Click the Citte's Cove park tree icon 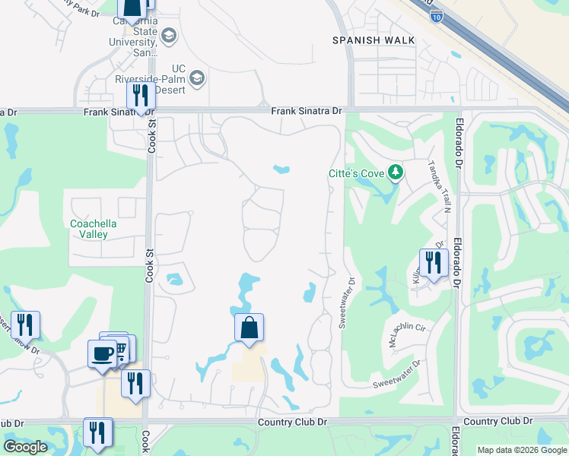(x=395, y=173)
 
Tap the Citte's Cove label (x=356, y=174)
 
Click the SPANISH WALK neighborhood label (x=374, y=40)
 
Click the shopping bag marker (x=249, y=328)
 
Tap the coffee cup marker (x=102, y=353)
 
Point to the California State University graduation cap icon (x=168, y=36)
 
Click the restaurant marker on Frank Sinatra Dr (x=141, y=96)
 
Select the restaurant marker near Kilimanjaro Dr (x=433, y=263)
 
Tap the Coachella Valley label (x=100, y=229)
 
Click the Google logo (x=25, y=447)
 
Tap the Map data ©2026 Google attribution (x=523, y=450)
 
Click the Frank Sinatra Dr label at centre (x=307, y=111)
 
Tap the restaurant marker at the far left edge (x=25, y=325)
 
